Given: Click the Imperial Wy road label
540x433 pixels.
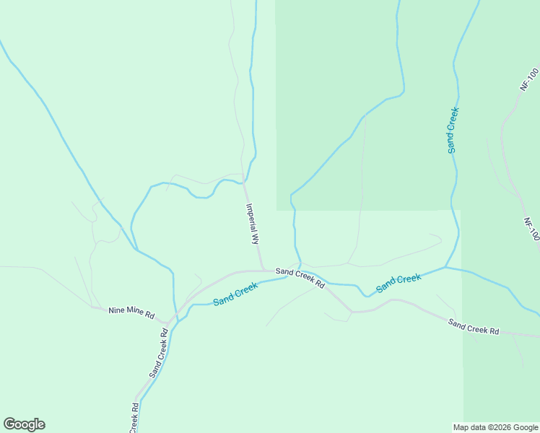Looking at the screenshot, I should coord(252,224).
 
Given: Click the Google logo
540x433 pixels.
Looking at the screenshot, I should coord(24,424).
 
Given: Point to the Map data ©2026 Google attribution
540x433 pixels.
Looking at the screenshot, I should coord(495,427).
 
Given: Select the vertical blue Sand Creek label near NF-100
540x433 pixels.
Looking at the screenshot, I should coord(453,130).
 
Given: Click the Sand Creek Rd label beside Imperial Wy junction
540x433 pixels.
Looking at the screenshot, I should coord(300,278).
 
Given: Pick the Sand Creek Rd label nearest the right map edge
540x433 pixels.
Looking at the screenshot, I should coord(474,327).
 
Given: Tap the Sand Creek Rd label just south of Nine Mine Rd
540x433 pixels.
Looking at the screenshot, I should coord(160,353).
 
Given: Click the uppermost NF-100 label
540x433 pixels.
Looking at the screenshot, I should coord(529,79).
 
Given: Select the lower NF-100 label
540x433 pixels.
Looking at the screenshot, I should coord(532,229).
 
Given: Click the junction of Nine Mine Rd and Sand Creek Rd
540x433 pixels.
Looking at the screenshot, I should coord(169,323).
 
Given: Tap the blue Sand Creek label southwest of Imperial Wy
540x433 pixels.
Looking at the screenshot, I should coord(235,292).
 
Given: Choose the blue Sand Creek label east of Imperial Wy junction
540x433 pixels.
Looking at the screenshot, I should coord(399,282).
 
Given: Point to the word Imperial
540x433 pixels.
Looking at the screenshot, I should coord(251,216).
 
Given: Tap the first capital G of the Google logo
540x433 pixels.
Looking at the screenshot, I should coord(9,424).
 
